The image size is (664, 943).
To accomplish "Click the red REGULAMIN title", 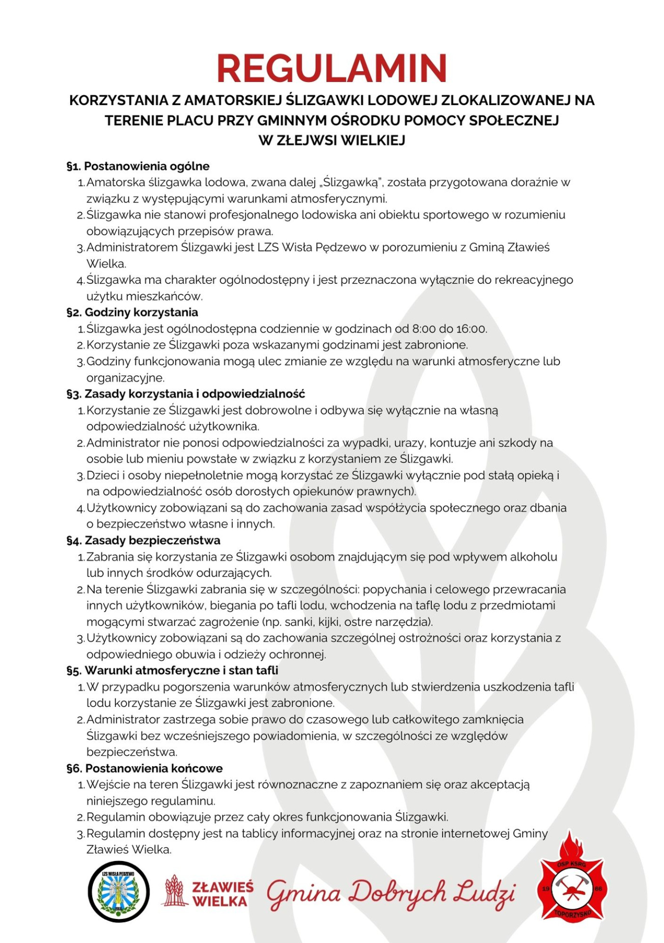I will [332, 69].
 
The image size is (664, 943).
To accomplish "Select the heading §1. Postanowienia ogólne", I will [138, 166].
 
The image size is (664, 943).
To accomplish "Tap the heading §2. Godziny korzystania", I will [132, 312].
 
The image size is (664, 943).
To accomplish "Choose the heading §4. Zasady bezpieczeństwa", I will [143, 540].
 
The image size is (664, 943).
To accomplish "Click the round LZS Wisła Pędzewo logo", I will [118, 891].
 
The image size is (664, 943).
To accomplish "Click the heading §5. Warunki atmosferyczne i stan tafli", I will [172, 670].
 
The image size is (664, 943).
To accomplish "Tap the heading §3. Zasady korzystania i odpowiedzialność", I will [186, 394].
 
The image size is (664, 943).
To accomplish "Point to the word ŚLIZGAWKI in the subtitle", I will [325, 100].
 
